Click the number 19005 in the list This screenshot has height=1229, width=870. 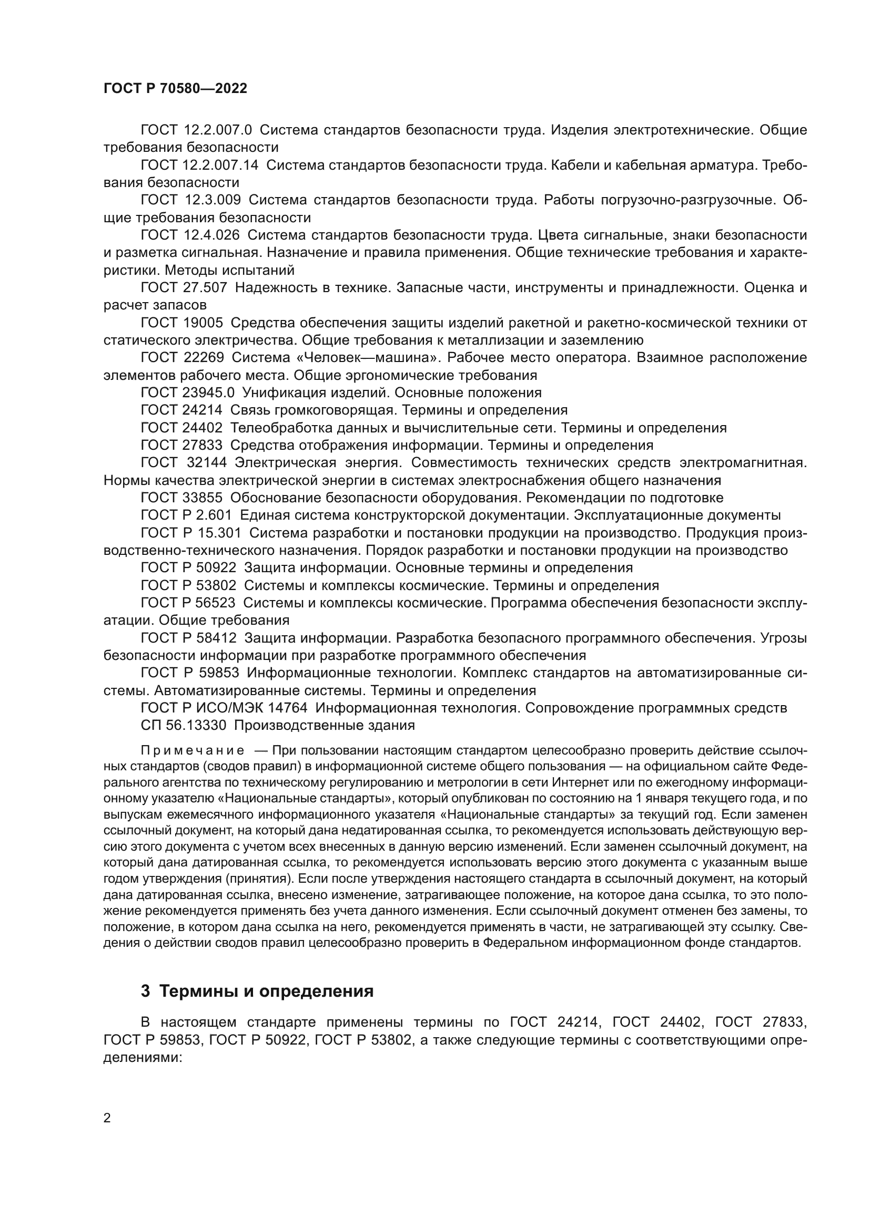click(204, 323)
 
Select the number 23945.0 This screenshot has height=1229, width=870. click(208, 393)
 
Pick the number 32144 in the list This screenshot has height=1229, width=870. click(207, 462)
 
